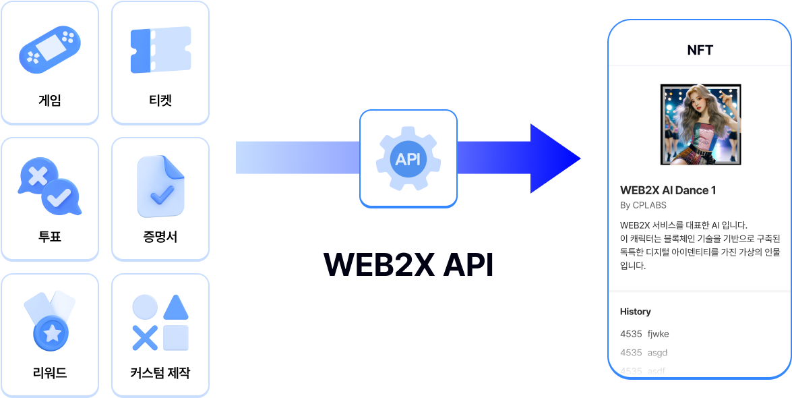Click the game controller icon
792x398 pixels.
point(50,49)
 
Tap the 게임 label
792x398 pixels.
point(50,101)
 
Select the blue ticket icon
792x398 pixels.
point(160,50)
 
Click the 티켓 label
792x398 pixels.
point(160,101)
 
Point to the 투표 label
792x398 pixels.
point(50,237)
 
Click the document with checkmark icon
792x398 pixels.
point(160,186)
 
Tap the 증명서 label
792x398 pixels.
point(160,237)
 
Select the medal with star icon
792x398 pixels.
point(50,322)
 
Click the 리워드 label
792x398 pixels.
point(50,372)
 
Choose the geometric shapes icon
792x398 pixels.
point(160,322)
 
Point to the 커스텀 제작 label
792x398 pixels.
point(160,372)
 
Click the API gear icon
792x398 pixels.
point(408,159)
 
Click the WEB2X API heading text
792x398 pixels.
point(408,264)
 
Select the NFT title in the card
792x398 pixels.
point(700,50)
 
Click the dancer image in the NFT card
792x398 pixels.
point(700,125)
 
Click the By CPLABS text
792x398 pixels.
point(643,205)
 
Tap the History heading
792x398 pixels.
point(636,312)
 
